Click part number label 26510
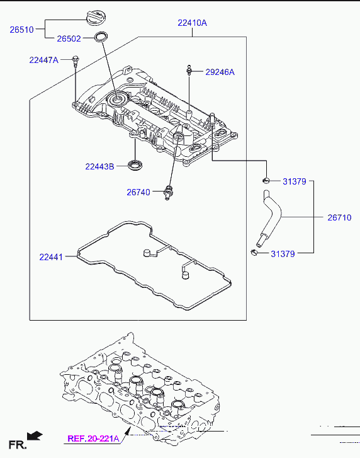click(x=22, y=30)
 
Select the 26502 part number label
click(x=69, y=38)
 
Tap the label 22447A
click(x=44, y=60)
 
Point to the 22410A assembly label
click(x=192, y=23)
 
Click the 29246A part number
click(x=220, y=72)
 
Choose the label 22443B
click(x=99, y=166)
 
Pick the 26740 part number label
click(x=138, y=192)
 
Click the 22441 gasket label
click(x=51, y=257)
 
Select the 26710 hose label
click(x=340, y=217)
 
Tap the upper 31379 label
click(x=295, y=181)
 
